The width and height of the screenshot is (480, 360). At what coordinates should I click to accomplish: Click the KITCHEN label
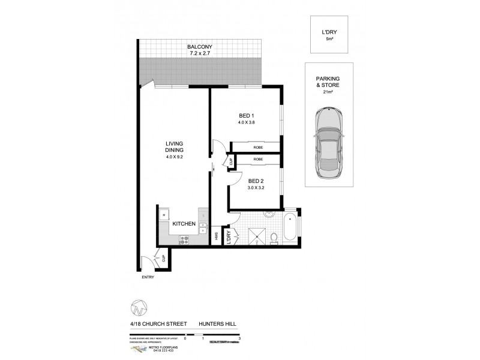pyautogui.click(x=184, y=223)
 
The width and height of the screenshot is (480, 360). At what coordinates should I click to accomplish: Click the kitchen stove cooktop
pyautogui.click(x=185, y=241)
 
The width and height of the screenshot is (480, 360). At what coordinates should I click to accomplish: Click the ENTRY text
pyautogui.click(x=148, y=277)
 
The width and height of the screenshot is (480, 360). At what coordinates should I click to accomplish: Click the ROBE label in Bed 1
pyautogui.click(x=257, y=145)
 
